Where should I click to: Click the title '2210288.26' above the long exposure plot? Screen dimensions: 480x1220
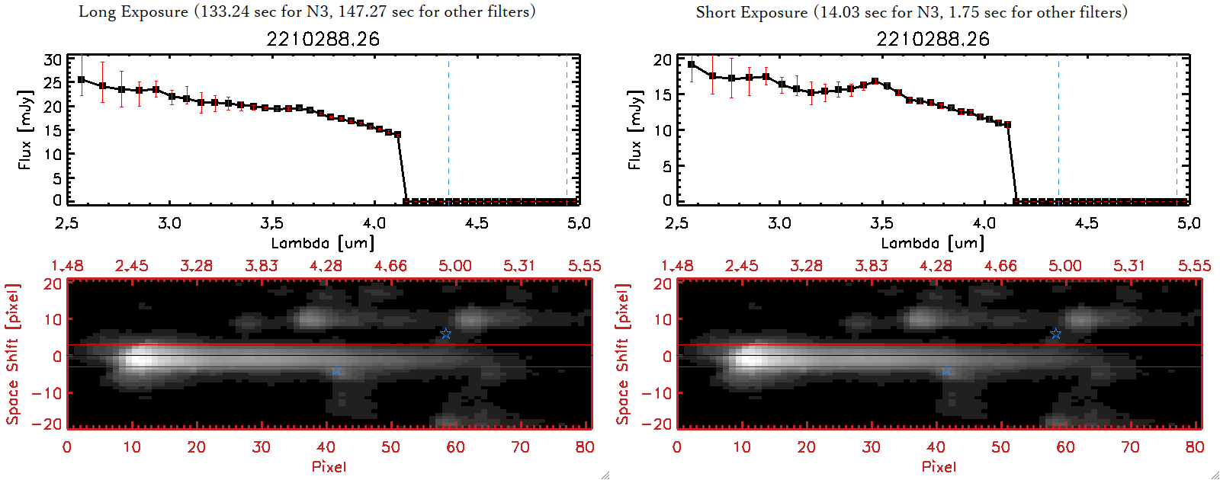(323, 39)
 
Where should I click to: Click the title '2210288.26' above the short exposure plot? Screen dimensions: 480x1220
(933, 39)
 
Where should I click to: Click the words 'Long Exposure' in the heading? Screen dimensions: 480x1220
(133, 11)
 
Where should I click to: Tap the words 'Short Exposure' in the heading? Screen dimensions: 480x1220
(751, 12)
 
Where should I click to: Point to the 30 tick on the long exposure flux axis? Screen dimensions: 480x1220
(53, 60)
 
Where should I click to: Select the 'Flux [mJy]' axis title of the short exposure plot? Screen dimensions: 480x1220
(634, 130)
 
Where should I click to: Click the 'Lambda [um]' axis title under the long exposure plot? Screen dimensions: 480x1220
(323, 243)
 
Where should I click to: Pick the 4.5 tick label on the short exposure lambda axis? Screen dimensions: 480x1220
(1087, 223)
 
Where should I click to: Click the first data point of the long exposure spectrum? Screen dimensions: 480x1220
(82, 79)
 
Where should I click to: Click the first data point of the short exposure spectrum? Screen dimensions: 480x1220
(691, 65)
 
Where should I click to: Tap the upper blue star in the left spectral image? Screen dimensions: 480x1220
(446, 334)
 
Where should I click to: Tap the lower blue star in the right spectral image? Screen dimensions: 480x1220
(946, 370)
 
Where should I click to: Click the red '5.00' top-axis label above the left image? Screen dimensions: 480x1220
(455, 266)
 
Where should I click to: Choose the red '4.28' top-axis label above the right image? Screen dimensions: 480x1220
(936, 266)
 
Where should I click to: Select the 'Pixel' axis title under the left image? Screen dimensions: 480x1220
(329, 466)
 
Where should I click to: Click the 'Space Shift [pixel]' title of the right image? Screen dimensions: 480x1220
(623, 354)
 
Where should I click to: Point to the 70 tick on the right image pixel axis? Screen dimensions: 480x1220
(1130, 447)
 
